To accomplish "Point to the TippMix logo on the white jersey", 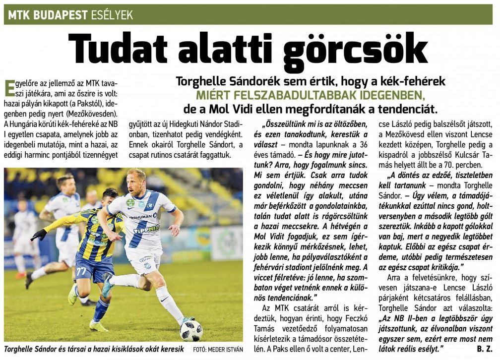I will (x=146, y=229).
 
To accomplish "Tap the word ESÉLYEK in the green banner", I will (x=112, y=15).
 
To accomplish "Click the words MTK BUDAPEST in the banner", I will (x=48, y=15).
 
